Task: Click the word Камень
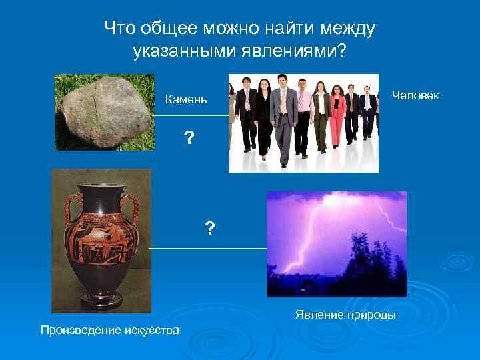186,100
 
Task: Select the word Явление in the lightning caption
316,314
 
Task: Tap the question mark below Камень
189,139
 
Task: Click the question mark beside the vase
210,229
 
